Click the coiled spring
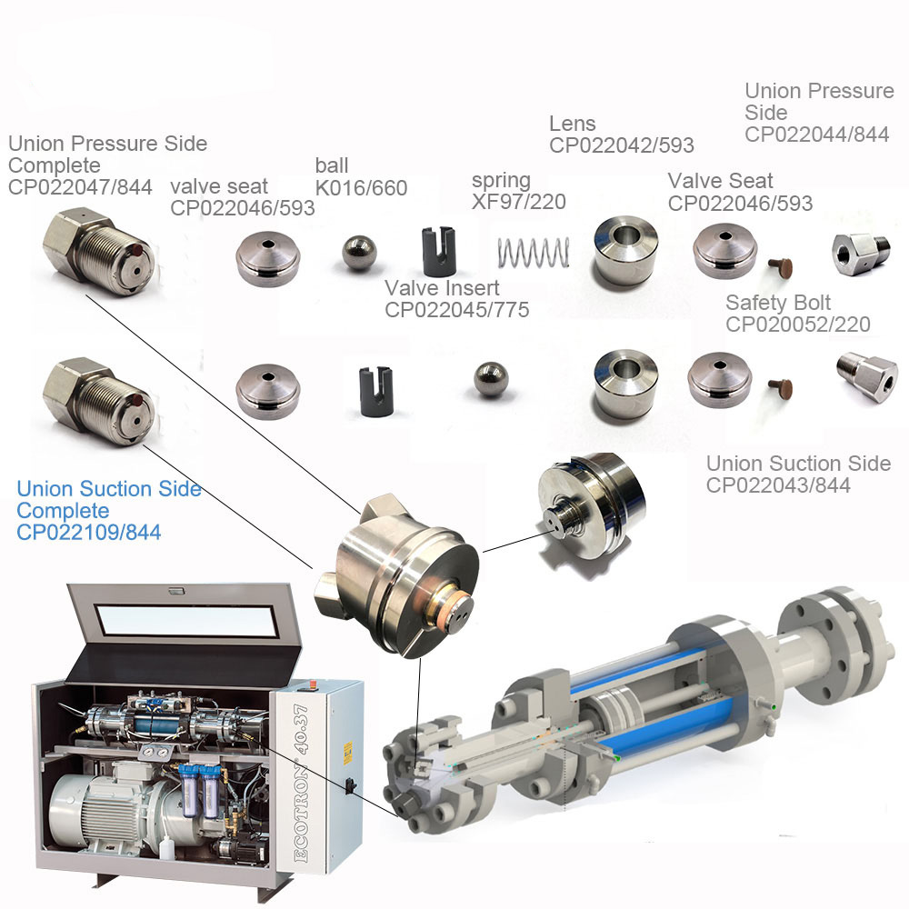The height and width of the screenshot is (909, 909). coord(534,253)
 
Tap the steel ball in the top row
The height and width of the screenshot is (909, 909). coord(359,252)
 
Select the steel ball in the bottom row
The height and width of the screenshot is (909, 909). coord(491,379)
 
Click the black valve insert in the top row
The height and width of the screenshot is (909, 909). coord(438,251)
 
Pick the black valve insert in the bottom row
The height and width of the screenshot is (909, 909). coord(377,391)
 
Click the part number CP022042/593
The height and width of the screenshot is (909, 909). coord(622,145)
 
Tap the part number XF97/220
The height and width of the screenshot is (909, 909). coord(519,202)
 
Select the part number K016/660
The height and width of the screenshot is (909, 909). coord(361,188)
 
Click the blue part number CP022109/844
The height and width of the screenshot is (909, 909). coord(89,532)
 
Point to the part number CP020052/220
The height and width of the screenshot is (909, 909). coord(798,325)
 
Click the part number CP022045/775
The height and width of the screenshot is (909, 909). coord(457,310)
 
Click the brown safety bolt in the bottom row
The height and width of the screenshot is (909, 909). coord(780,388)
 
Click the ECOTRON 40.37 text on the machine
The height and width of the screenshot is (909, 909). coord(302,784)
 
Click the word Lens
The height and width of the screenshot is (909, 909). coord(572,124)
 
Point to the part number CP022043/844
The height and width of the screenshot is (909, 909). coord(778,485)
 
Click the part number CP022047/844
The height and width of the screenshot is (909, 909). coord(80,187)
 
